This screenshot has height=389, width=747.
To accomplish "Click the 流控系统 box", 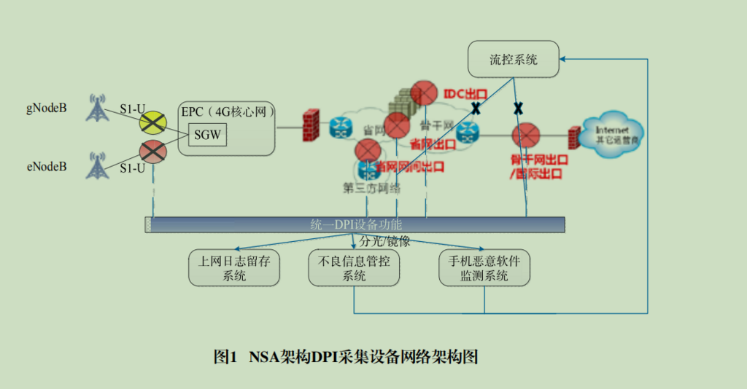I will coord(514,60).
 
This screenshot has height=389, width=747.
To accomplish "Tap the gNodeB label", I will coord(46,109).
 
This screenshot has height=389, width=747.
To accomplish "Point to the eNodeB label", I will coord(46,167).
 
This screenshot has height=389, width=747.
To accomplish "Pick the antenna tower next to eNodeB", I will coord(96,165).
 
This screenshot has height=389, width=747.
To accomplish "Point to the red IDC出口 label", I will coord(465,94).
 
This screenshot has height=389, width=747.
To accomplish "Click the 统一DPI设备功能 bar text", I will coord(356,224).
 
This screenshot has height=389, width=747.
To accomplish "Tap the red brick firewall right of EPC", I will coord(311,124).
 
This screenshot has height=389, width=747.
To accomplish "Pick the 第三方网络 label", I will coord(372,188).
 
